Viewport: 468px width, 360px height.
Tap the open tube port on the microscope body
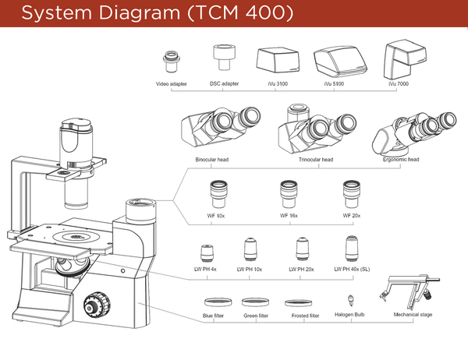(x=140, y=204)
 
